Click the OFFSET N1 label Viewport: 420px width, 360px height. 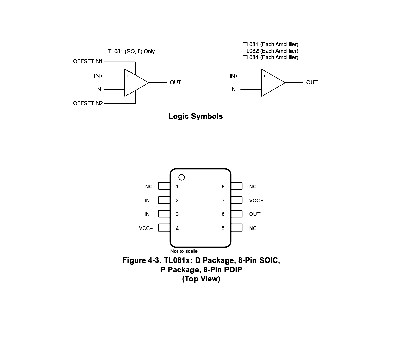pyautogui.click(x=87, y=61)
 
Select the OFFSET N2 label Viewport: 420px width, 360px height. pyautogui.click(x=87, y=103)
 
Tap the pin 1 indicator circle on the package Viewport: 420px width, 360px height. pyautogui.click(x=182, y=177)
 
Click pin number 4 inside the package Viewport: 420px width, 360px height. pyautogui.click(x=177, y=228)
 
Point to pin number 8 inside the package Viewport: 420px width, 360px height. pyautogui.click(x=223, y=187)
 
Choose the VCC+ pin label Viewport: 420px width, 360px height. pyautogui.click(x=256, y=201)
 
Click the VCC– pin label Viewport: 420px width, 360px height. pyautogui.click(x=146, y=228)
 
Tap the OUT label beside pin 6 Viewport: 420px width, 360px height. pyautogui.click(x=254, y=214)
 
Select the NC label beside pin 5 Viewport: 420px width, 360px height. pyautogui.click(x=253, y=228)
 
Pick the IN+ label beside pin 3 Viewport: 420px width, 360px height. pyautogui.click(x=148, y=214)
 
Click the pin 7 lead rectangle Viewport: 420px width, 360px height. pyautogui.click(x=237, y=200)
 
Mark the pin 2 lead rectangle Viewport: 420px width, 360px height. pyautogui.click(x=164, y=200)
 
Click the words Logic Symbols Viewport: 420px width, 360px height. pyautogui.click(x=196, y=116)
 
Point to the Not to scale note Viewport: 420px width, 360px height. pyautogui.click(x=184, y=251)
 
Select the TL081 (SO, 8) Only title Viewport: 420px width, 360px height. pyautogui.click(x=132, y=51)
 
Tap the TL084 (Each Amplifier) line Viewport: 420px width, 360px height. pyautogui.click(x=271, y=57)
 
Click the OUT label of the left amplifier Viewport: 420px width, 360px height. pyautogui.click(x=175, y=82)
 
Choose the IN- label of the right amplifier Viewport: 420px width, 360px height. pyautogui.click(x=234, y=89)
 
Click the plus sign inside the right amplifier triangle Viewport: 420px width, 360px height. pyautogui.click(x=265, y=76)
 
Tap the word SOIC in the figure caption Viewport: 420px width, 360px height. pyautogui.click(x=270, y=260)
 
